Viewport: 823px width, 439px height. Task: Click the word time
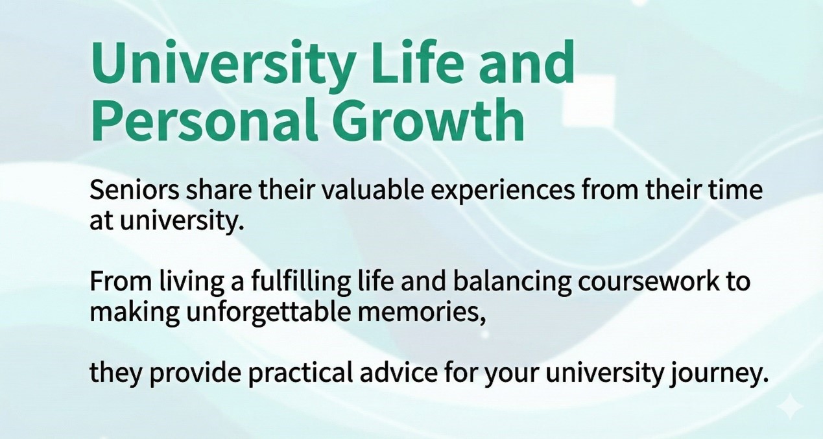click(x=737, y=191)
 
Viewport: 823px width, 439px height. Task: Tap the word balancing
click(x=496, y=283)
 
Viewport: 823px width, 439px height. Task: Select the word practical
click(x=312, y=374)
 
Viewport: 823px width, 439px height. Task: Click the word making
click(x=126, y=313)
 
